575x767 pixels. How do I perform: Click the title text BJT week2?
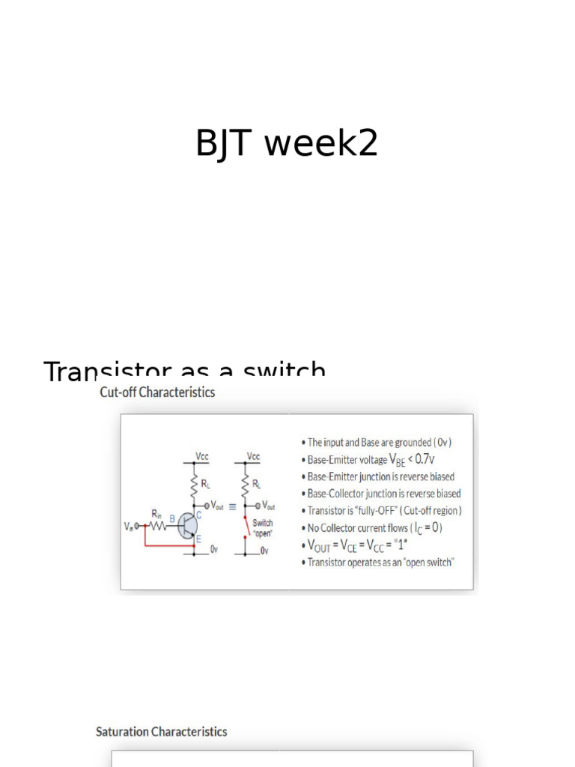click(287, 143)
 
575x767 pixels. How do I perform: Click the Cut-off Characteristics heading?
click(157, 392)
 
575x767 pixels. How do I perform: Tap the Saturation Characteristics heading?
click(161, 732)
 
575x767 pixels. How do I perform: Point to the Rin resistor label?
click(156, 514)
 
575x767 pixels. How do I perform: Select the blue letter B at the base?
click(172, 518)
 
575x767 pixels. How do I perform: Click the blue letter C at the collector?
click(198, 515)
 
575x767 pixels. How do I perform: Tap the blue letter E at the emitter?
click(198, 539)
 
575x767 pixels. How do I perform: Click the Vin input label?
click(128, 527)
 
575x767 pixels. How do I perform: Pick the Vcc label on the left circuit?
click(202, 456)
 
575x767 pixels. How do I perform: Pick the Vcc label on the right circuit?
click(253, 456)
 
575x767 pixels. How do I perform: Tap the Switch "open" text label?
click(263, 527)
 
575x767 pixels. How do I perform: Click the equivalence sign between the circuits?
click(232, 506)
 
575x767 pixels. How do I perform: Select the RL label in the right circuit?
click(257, 483)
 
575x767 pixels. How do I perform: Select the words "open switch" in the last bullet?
click(428, 562)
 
